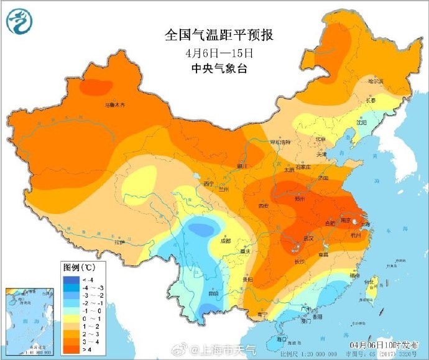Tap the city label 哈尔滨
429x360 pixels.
coord(376,81)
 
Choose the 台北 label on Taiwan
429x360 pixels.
coord(369,282)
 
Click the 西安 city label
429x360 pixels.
coord(263,205)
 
